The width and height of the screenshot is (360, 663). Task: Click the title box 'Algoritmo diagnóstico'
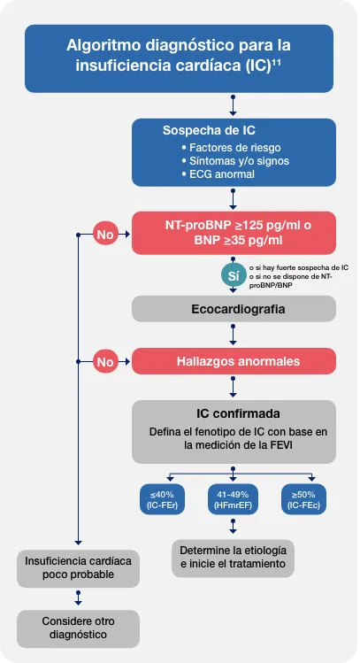179,57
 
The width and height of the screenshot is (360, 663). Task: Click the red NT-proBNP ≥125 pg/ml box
234,233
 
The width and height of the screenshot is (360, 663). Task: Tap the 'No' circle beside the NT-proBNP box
105,235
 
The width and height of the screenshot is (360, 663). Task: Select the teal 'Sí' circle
234,276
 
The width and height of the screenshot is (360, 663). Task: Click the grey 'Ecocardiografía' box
234,309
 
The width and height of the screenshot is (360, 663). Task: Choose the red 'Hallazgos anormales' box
234,361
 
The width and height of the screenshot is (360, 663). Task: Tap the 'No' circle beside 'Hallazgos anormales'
105,361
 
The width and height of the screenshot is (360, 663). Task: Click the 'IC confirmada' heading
234,413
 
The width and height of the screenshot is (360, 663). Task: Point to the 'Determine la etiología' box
234,557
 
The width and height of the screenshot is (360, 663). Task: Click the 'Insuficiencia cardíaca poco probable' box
78,567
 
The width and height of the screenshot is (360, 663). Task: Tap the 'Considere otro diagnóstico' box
78,628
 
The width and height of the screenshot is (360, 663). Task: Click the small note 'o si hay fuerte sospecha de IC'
298,266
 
